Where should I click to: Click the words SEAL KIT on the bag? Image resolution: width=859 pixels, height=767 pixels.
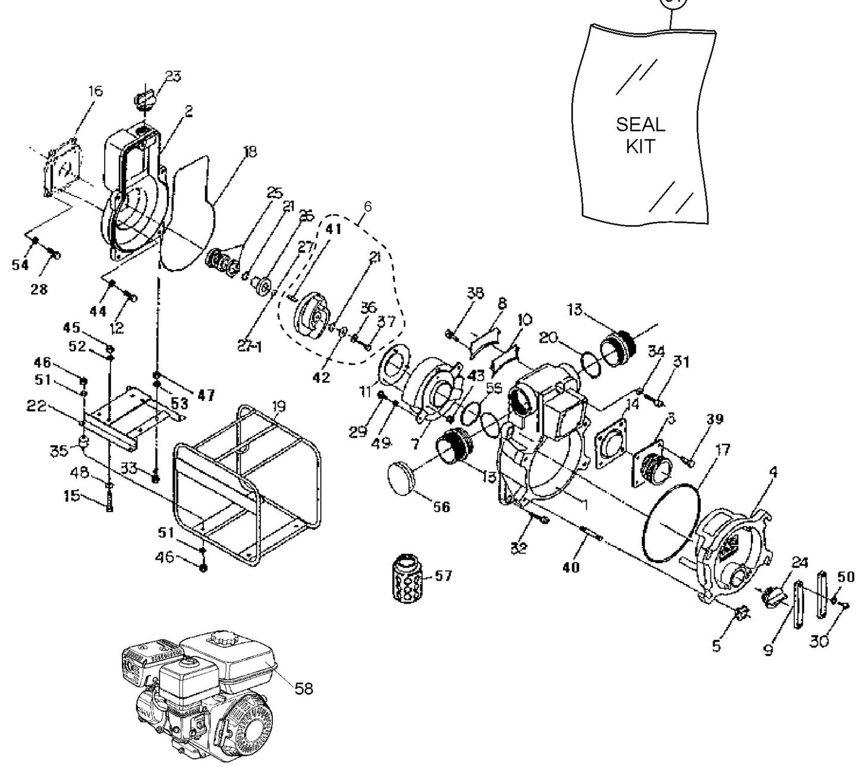click(640, 135)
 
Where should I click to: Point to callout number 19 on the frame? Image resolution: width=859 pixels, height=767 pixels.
click(278, 407)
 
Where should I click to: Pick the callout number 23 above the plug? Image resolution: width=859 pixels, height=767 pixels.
click(156, 77)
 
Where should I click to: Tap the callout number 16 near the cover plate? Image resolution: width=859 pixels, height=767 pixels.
click(95, 91)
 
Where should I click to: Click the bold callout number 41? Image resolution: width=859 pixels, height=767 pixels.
click(333, 229)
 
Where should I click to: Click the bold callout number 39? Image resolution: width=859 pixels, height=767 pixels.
click(715, 419)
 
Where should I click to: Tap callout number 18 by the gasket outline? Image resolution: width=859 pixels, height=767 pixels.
click(250, 151)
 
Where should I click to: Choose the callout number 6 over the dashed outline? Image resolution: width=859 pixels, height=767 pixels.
click(367, 206)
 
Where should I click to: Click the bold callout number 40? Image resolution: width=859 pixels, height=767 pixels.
click(571, 567)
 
